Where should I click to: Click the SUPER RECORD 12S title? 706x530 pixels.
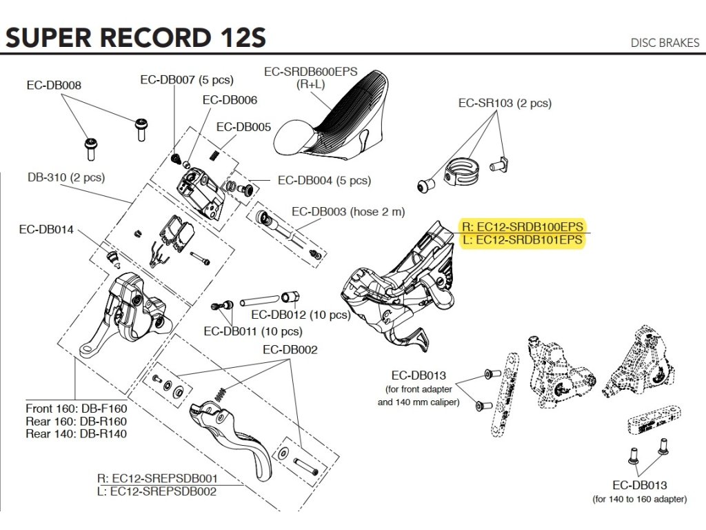(136, 37)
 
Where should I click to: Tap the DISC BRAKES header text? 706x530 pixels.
(665, 43)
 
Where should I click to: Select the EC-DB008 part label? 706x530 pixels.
(54, 85)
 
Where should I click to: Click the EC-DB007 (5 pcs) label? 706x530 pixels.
(187, 80)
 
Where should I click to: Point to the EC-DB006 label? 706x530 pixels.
(230, 100)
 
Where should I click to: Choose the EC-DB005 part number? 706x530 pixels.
(243, 127)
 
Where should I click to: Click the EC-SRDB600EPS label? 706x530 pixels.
(311, 72)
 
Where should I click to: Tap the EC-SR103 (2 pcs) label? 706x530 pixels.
(505, 104)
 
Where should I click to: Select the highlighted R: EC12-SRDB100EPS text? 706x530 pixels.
(523, 226)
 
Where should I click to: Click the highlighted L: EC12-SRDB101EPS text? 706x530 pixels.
(523, 239)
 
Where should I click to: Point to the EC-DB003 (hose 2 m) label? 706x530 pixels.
(348, 212)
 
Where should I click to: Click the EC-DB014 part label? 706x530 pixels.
(46, 229)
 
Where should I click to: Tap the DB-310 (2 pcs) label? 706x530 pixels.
(66, 177)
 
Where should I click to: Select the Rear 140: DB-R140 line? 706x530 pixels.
(76, 434)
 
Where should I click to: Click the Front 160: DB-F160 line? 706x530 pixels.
(76, 409)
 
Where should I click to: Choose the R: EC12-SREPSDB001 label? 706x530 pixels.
(158, 479)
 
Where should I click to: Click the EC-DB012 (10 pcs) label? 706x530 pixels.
(301, 315)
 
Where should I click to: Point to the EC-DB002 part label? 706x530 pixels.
(290, 350)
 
